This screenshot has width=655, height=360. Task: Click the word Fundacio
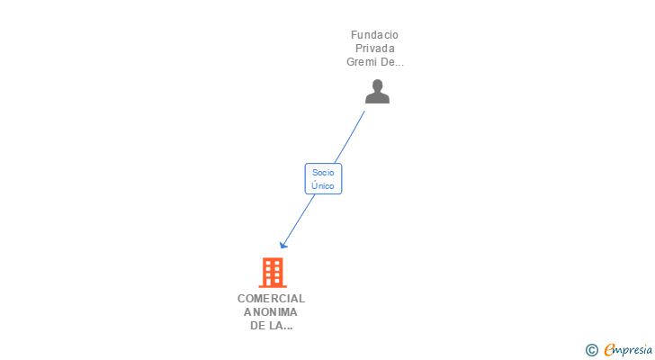(374, 35)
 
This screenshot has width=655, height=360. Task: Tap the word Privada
(375, 49)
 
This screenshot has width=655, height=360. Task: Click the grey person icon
(377, 92)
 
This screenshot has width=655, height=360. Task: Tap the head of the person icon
(377, 85)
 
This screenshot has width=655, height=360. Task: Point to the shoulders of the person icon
(377, 98)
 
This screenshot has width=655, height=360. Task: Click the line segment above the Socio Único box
(350, 137)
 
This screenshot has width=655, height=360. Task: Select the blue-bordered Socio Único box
(323, 179)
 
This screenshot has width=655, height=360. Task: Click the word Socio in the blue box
(323, 173)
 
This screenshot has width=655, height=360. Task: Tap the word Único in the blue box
(323, 185)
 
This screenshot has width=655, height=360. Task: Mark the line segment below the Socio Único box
(299, 220)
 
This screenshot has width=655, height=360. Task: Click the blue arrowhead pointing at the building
(283, 245)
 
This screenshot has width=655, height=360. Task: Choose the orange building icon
(273, 273)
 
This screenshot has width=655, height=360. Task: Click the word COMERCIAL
(271, 299)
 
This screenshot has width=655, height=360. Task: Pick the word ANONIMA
(271, 312)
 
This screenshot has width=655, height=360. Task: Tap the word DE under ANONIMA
(257, 325)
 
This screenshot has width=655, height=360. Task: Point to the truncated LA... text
(281, 325)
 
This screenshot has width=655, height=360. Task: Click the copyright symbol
(591, 350)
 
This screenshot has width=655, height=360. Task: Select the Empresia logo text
(628, 350)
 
